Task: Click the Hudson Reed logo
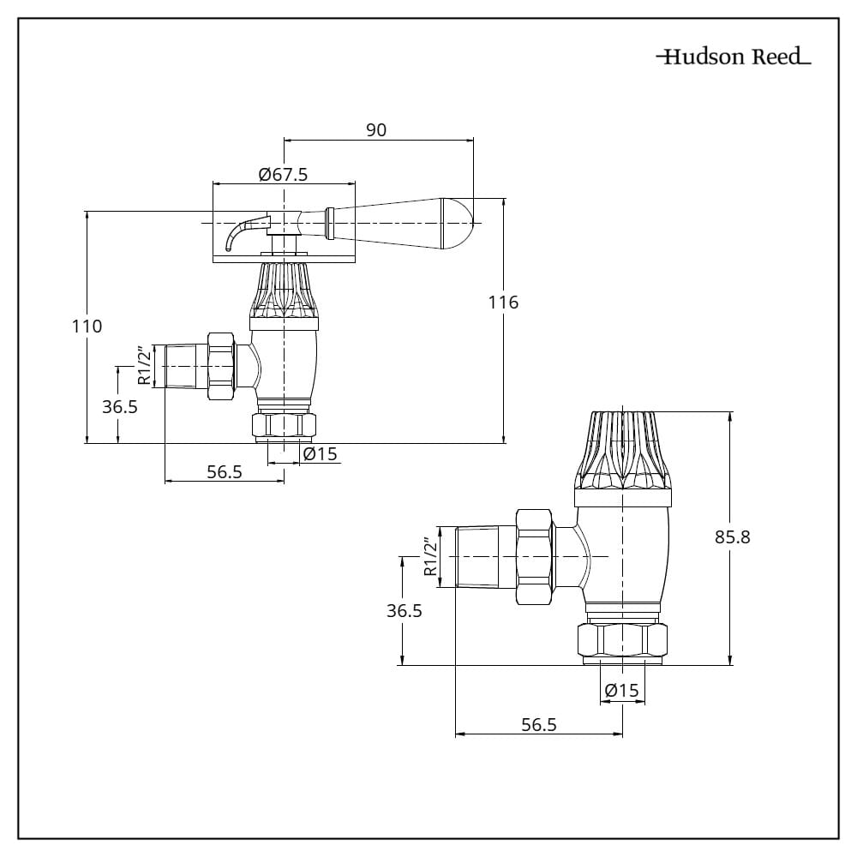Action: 734,57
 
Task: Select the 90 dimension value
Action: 376,129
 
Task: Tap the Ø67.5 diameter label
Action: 283,174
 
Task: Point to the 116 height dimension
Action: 503,302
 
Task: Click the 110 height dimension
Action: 87,326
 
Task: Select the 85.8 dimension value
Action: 732,537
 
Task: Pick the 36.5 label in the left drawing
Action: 120,407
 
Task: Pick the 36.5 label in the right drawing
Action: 404,610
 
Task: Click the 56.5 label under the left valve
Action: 225,471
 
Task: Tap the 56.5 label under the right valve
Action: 539,724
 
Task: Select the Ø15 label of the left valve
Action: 321,454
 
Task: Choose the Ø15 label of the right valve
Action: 621,691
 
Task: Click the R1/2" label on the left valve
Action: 145,365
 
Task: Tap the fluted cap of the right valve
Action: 623,450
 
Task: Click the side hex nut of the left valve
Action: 223,365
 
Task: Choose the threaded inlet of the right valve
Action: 485,556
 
